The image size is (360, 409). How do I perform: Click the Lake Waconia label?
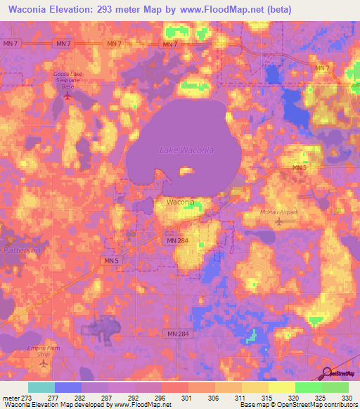[x=186, y=150]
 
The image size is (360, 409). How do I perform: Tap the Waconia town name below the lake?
[x=181, y=202]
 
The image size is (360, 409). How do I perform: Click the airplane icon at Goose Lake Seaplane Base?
[x=68, y=96]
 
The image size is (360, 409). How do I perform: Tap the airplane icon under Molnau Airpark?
[x=281, y=223]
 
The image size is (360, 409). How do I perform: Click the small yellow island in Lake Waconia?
[x=186, y=170]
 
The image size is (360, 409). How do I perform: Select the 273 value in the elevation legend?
[x=27, y=397]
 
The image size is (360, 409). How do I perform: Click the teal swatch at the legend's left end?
[x=41, y=387]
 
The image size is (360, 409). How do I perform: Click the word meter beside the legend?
[x=11, y=397]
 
